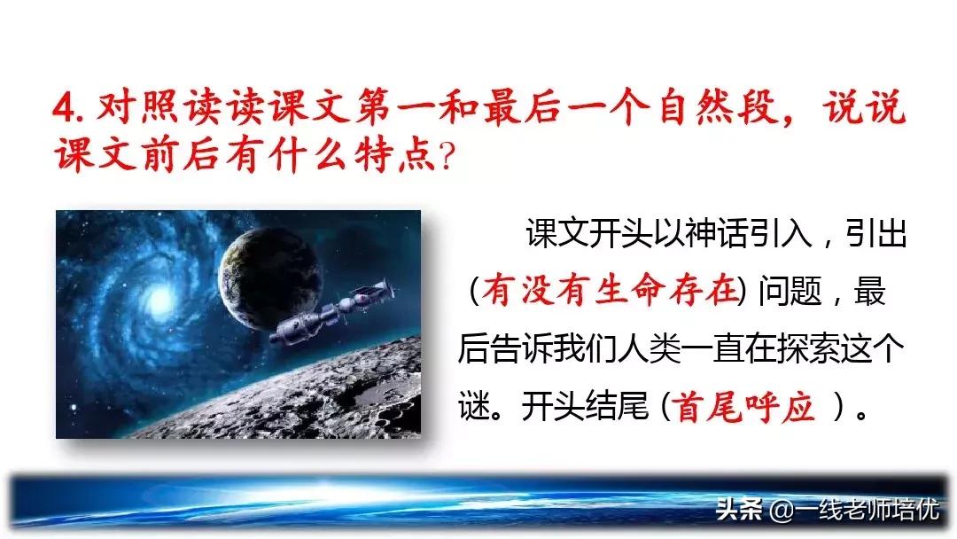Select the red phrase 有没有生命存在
[x=611, y=292]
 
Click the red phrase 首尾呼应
[x=744, y=408]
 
